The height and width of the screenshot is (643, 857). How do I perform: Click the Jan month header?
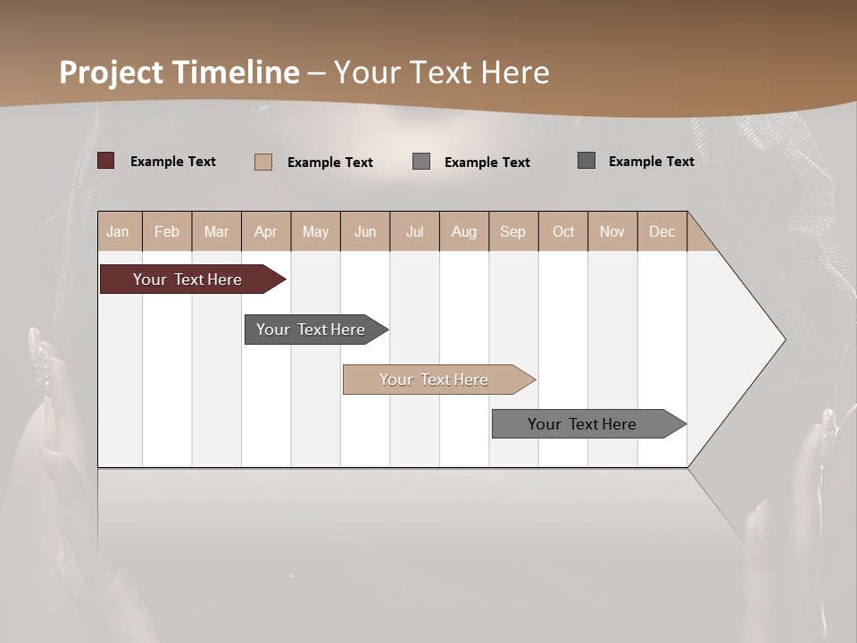(119, 231)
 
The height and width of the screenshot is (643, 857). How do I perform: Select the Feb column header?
(167, 231)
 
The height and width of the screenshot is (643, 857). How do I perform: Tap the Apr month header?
(266, 231)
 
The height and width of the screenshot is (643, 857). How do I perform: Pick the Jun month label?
(365, 231)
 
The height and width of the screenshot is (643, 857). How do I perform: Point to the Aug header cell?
(464, 231)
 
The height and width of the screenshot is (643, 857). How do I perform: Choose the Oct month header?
(563, 231)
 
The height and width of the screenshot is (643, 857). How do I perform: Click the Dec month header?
(661, 231)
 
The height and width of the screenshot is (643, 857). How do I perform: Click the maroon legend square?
(106, 161)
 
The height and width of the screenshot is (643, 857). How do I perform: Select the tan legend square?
(263, 162)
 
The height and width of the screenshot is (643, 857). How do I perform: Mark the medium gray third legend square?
(421, 162)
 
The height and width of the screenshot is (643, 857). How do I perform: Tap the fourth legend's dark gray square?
(587, 161)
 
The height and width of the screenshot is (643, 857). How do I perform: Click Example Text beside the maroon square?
(173, 162)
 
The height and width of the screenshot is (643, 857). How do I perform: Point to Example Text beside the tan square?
(330, 163)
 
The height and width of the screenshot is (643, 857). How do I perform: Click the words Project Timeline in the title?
(179, 72)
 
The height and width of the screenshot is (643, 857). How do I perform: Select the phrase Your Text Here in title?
(441, 72)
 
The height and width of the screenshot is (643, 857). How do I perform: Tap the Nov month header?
(612, 231)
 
